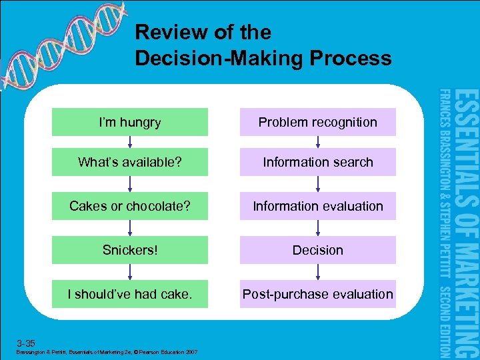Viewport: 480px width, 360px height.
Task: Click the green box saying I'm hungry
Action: (x=130, y=122)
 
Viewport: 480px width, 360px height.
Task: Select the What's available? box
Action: (x=130, y=162)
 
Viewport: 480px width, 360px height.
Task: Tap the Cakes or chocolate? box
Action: (x=130, y=206)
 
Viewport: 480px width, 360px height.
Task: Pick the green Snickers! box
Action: (x=130, y=250)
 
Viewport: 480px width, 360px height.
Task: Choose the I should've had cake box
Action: (x=130, y=294)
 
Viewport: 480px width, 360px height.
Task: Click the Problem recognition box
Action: (x=318, y=122)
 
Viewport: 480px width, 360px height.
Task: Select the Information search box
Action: (x=318, y=162)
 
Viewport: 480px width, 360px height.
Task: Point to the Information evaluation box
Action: (x=318, y=206)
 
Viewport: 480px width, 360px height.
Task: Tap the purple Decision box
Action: (x=318, y=250)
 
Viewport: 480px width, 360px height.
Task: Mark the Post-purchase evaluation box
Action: (x=318, y=294)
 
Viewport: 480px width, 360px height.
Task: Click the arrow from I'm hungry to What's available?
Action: (x=130, y=142)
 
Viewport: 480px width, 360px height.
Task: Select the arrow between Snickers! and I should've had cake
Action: (x=130, y=272)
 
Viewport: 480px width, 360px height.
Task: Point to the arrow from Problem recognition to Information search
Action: (x=318, y=142)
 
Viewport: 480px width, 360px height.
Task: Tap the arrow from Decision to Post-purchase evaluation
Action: (x=318, y=272)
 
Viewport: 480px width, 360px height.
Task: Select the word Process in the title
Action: (x=356, y=58)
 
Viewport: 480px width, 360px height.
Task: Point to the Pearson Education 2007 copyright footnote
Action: (x=107, y=351)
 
